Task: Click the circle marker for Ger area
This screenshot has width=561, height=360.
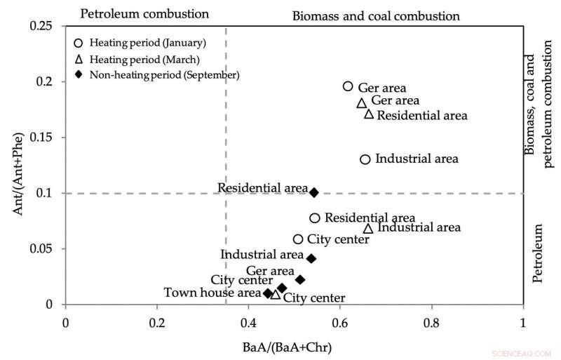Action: (348, 86)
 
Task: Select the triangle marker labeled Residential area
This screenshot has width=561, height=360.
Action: (369, 114)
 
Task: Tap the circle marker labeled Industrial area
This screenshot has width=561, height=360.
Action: (365, 159)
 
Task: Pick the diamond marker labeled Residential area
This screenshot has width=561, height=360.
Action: (314, 192)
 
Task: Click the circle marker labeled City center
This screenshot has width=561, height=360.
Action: (298, 239)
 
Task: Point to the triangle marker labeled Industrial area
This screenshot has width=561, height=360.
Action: (368, 229)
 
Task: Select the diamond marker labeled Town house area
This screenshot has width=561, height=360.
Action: (268, 293)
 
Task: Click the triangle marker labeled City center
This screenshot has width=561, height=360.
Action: (276, 295)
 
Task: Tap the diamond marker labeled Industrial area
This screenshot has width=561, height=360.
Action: (311, 259)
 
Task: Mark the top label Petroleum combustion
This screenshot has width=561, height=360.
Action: (144, 13)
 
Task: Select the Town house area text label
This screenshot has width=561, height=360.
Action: (212, 293)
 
